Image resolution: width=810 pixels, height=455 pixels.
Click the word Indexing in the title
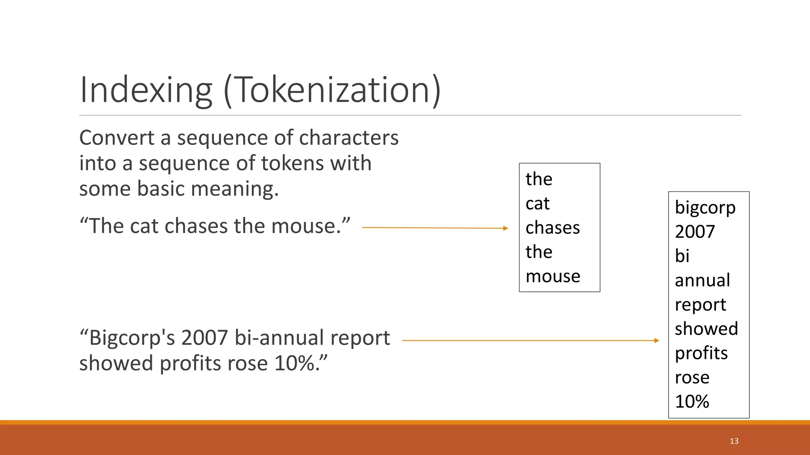pyautogui.click(x=146, y=90)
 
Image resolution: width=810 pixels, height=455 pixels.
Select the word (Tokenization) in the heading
pyautogui.click(x=332, y=90)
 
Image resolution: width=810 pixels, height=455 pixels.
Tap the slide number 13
pyautogui.click(x=734, y=441)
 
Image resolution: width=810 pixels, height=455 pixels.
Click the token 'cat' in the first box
pyautogui.click(x=537, y=204)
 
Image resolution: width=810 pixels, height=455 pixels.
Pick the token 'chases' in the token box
pyautogui.click(x=553, y=228)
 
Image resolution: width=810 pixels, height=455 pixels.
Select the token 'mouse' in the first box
pyautogui.click(x=553, y=276)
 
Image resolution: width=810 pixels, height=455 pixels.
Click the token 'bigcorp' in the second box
pyautogui.click(x=705, y=208)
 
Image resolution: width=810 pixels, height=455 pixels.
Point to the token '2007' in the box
pyautogui.click(x=695, y=232)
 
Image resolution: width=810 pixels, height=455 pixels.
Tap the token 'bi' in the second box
pyautogui.click(x=682, y=256)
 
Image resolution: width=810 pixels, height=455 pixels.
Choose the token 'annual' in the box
pyautogui.click(x=702, y=280)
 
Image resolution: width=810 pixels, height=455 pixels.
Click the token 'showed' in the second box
pyautogui.click(x=706, y=329)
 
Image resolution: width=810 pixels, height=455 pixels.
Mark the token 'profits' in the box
pyautogui.click(x=701, y=353)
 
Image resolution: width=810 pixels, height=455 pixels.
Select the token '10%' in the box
pyautogui.click(x=692, y=402)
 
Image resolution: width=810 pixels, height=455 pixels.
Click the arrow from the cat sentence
pyautogui.click(x=435, y=228)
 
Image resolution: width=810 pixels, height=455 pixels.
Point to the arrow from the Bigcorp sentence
pyautogui.click(x=530, y=340)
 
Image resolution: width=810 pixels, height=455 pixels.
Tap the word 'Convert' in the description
pyautogui.click(x=117, y=138)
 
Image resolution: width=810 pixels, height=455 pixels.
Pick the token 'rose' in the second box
pyautogui.click(x=692, y=378)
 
